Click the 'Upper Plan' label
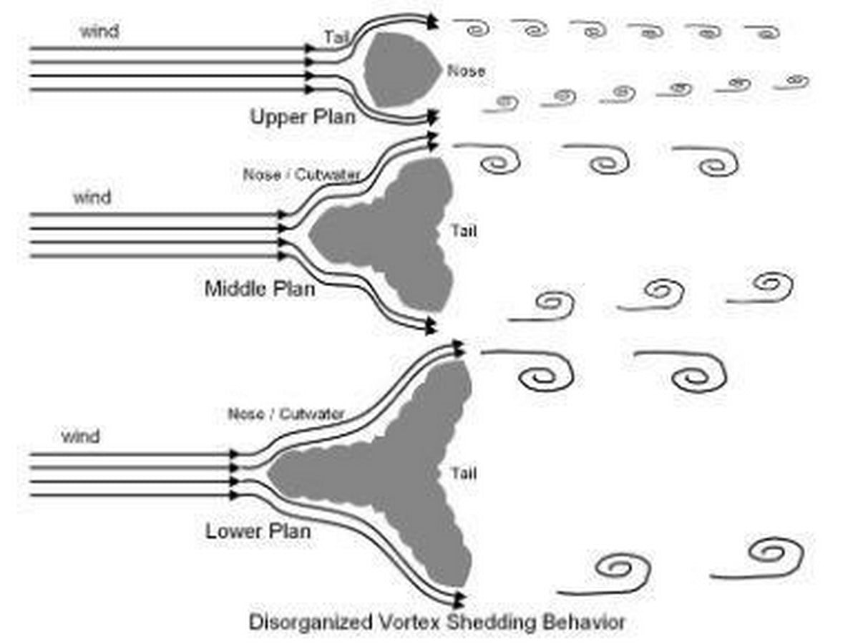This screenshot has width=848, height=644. point(302,117)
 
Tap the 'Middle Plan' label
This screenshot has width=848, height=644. point(260,289)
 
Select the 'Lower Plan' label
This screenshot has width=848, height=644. point(258,531)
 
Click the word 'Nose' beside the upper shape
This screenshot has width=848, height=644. point(466,71)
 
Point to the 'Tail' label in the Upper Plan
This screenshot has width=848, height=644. point(336,37)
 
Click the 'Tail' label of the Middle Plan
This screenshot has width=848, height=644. point(464,231)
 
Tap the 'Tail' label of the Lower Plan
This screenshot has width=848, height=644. point(464,474)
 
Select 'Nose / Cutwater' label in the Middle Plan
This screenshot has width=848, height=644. point(301,175)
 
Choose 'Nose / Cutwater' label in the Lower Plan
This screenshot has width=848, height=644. point(286,414)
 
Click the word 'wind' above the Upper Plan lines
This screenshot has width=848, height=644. point(99,31)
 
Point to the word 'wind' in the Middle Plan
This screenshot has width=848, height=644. point(92,197)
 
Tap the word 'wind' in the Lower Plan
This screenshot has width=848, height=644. point(81,436)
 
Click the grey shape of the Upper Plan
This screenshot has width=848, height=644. point(403,69)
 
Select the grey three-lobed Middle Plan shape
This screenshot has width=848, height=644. point(395,235)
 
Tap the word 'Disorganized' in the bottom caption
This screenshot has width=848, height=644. point(311,623)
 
